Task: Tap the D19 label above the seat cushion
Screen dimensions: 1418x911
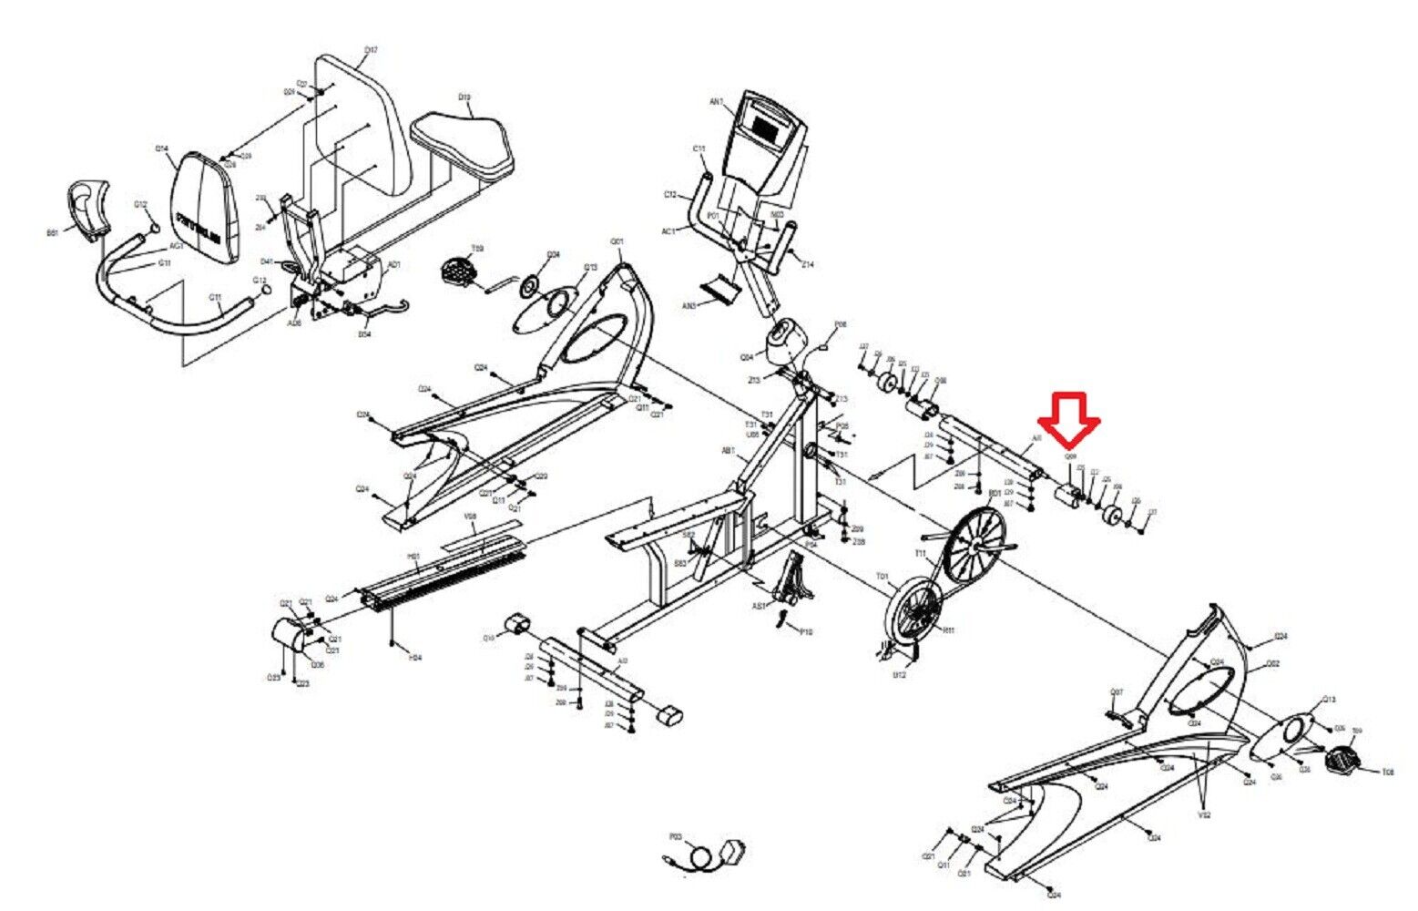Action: [x=464, y=97]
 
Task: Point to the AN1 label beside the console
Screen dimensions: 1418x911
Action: [x=716, y=102]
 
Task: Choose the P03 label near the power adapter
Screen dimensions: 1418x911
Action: [x=675, y=835]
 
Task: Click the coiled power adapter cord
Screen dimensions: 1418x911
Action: [x=702, y=858]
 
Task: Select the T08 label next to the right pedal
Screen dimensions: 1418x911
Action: [x=1387, y=773]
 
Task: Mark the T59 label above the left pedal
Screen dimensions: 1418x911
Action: [x=477, y=247]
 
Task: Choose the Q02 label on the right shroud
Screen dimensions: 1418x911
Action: [x=1273, y=664]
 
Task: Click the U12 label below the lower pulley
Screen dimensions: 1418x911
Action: [x=898, y=675]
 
